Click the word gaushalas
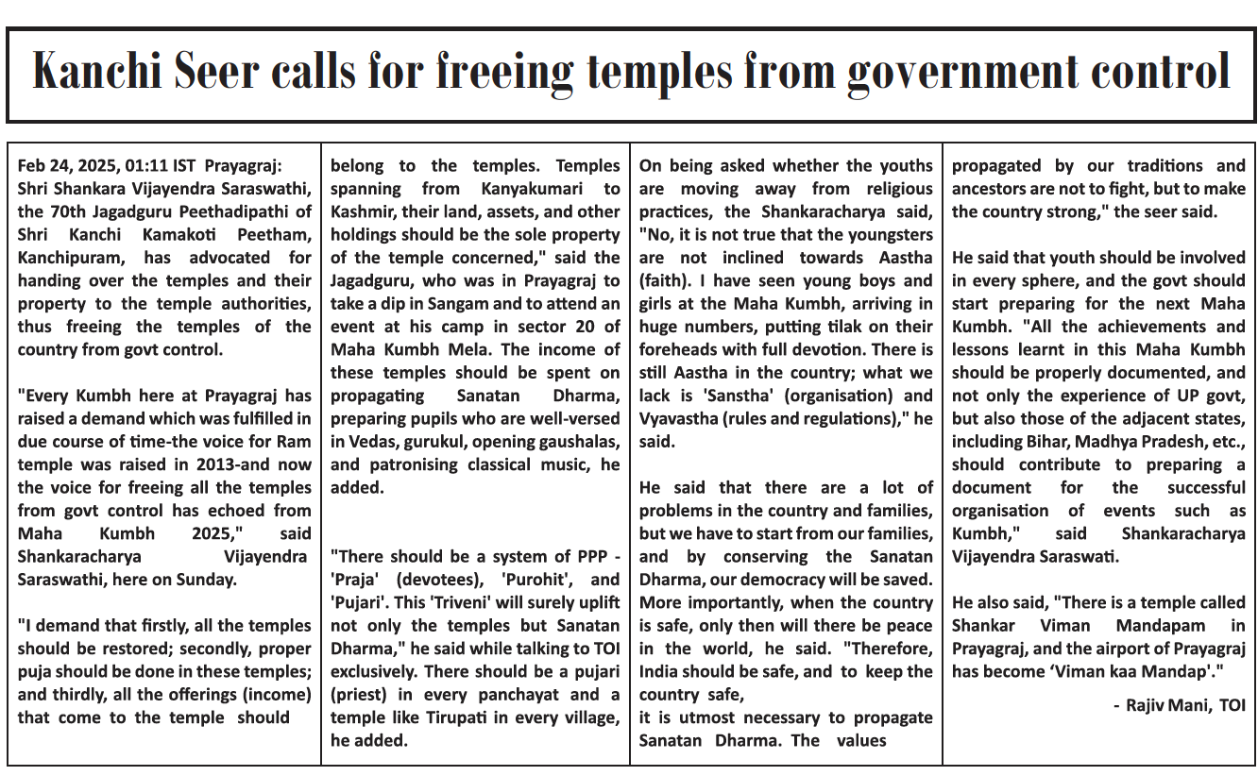(x=575, y=442)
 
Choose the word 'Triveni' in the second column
(x=441, y=602)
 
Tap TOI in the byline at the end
(x=1232, y=705)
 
